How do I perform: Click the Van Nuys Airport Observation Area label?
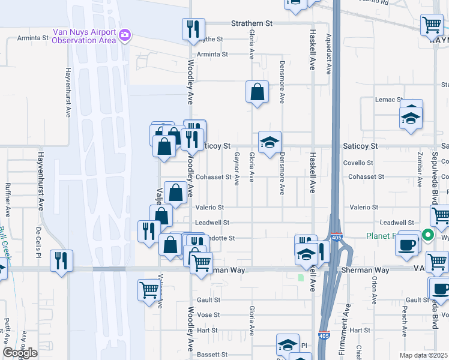[83, 36]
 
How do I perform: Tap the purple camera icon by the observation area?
[124, 35]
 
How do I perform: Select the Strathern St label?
[252, 23]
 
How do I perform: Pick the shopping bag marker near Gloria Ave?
[257, 92]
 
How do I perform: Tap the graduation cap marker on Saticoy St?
[270, 143]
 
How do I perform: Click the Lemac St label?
[389, 100]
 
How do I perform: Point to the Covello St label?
[358, 163]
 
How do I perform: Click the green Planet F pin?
[429, 235]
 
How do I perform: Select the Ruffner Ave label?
[8, 200]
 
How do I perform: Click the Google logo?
[20, 353]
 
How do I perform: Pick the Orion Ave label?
[374, 290]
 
